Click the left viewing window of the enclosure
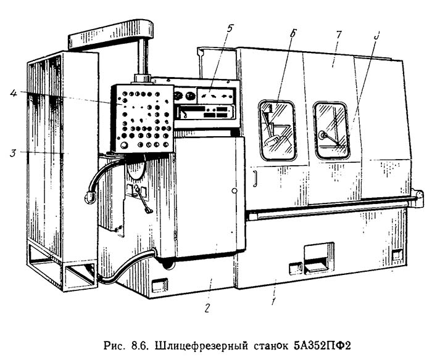tap(276, 131)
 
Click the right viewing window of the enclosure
tap(331, 130)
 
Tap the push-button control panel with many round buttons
tap(142, 118)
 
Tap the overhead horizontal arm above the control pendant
tap(111, 35)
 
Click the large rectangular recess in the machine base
tap(315, 257)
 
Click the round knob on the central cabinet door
tap(234, 191)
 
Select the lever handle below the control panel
tap(145, 200)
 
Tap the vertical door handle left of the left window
tap(253, 178)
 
